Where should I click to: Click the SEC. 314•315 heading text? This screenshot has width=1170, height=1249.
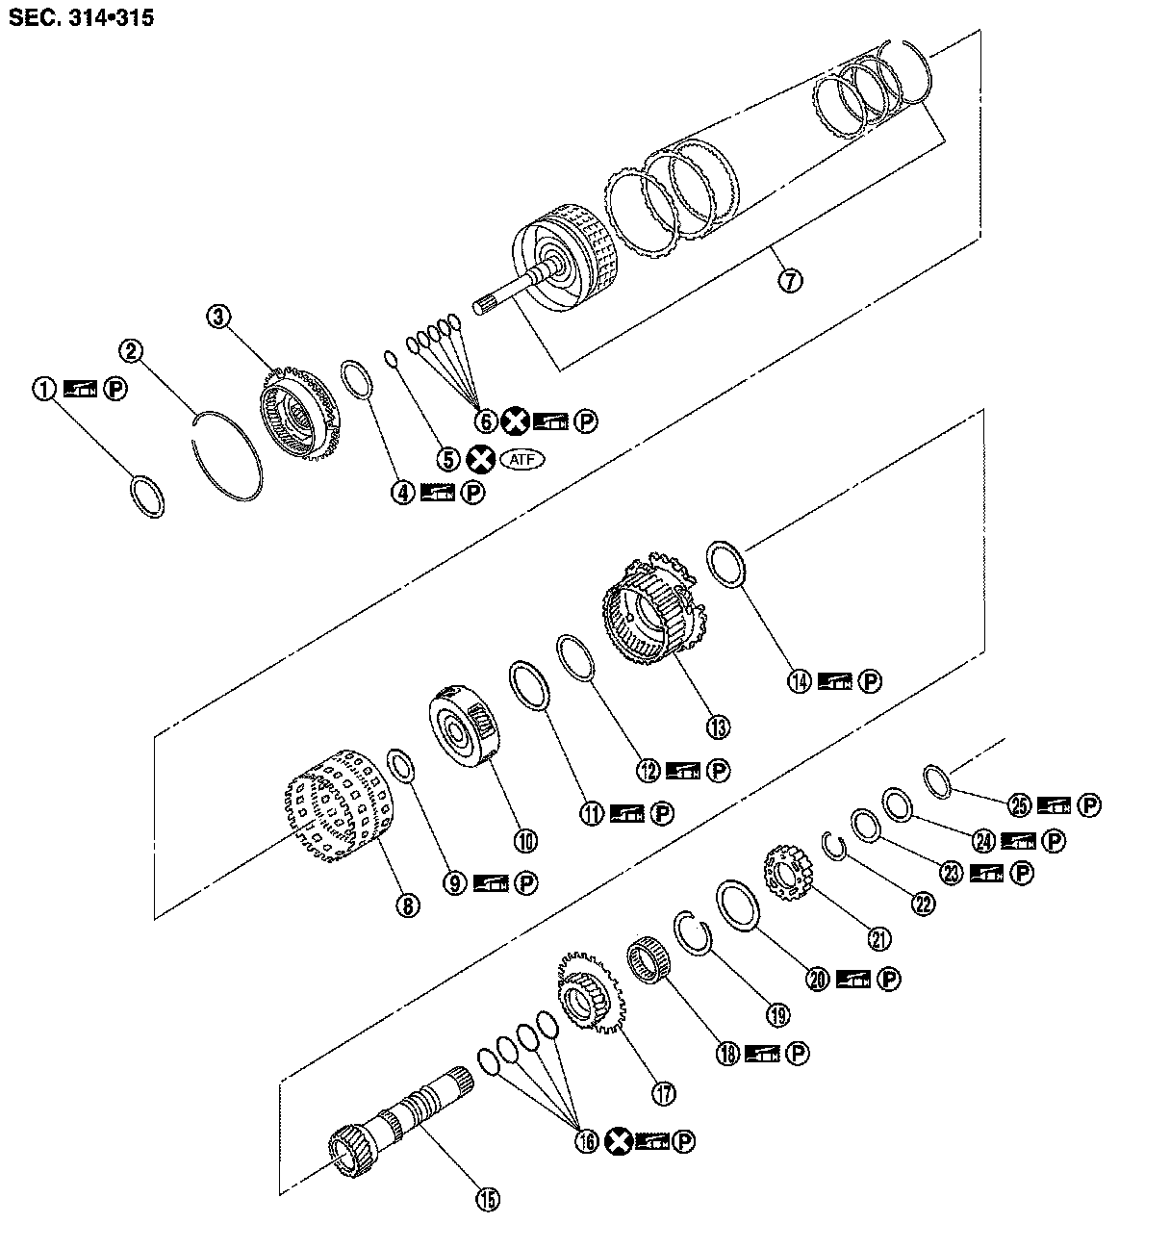pyautogui.click(x=81, y=17)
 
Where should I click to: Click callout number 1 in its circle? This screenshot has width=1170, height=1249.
pyautogui.click(x=43, y=389)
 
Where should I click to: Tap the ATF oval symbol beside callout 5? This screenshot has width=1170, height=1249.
pyautogui.click(x=515, y=460)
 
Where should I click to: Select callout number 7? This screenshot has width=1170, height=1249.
pyautogui.click(x=789, y=280)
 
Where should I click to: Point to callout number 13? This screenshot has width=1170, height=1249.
pyautogui.click(x=717, y=726)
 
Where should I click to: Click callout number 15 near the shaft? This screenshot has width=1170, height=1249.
pyautogui.click(x=487, y=1199)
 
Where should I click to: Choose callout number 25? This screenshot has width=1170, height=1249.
pyautogui.click(x=1019, y=804)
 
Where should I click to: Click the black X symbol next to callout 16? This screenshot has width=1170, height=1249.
pyautogui.click(x=620, y=1141)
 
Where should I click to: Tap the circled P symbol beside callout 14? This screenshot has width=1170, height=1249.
pyautogui.click(x=870, y=681)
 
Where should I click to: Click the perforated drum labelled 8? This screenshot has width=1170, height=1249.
pyautogui.click(x=342, y=803)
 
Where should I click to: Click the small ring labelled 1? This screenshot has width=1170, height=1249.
pyautogui.click(x=147, y=495)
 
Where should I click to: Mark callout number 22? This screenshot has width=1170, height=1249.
pyautogui.click(x=923, y=904)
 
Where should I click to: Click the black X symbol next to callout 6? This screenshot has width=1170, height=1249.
pyautogui.click(x=516, y=421)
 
